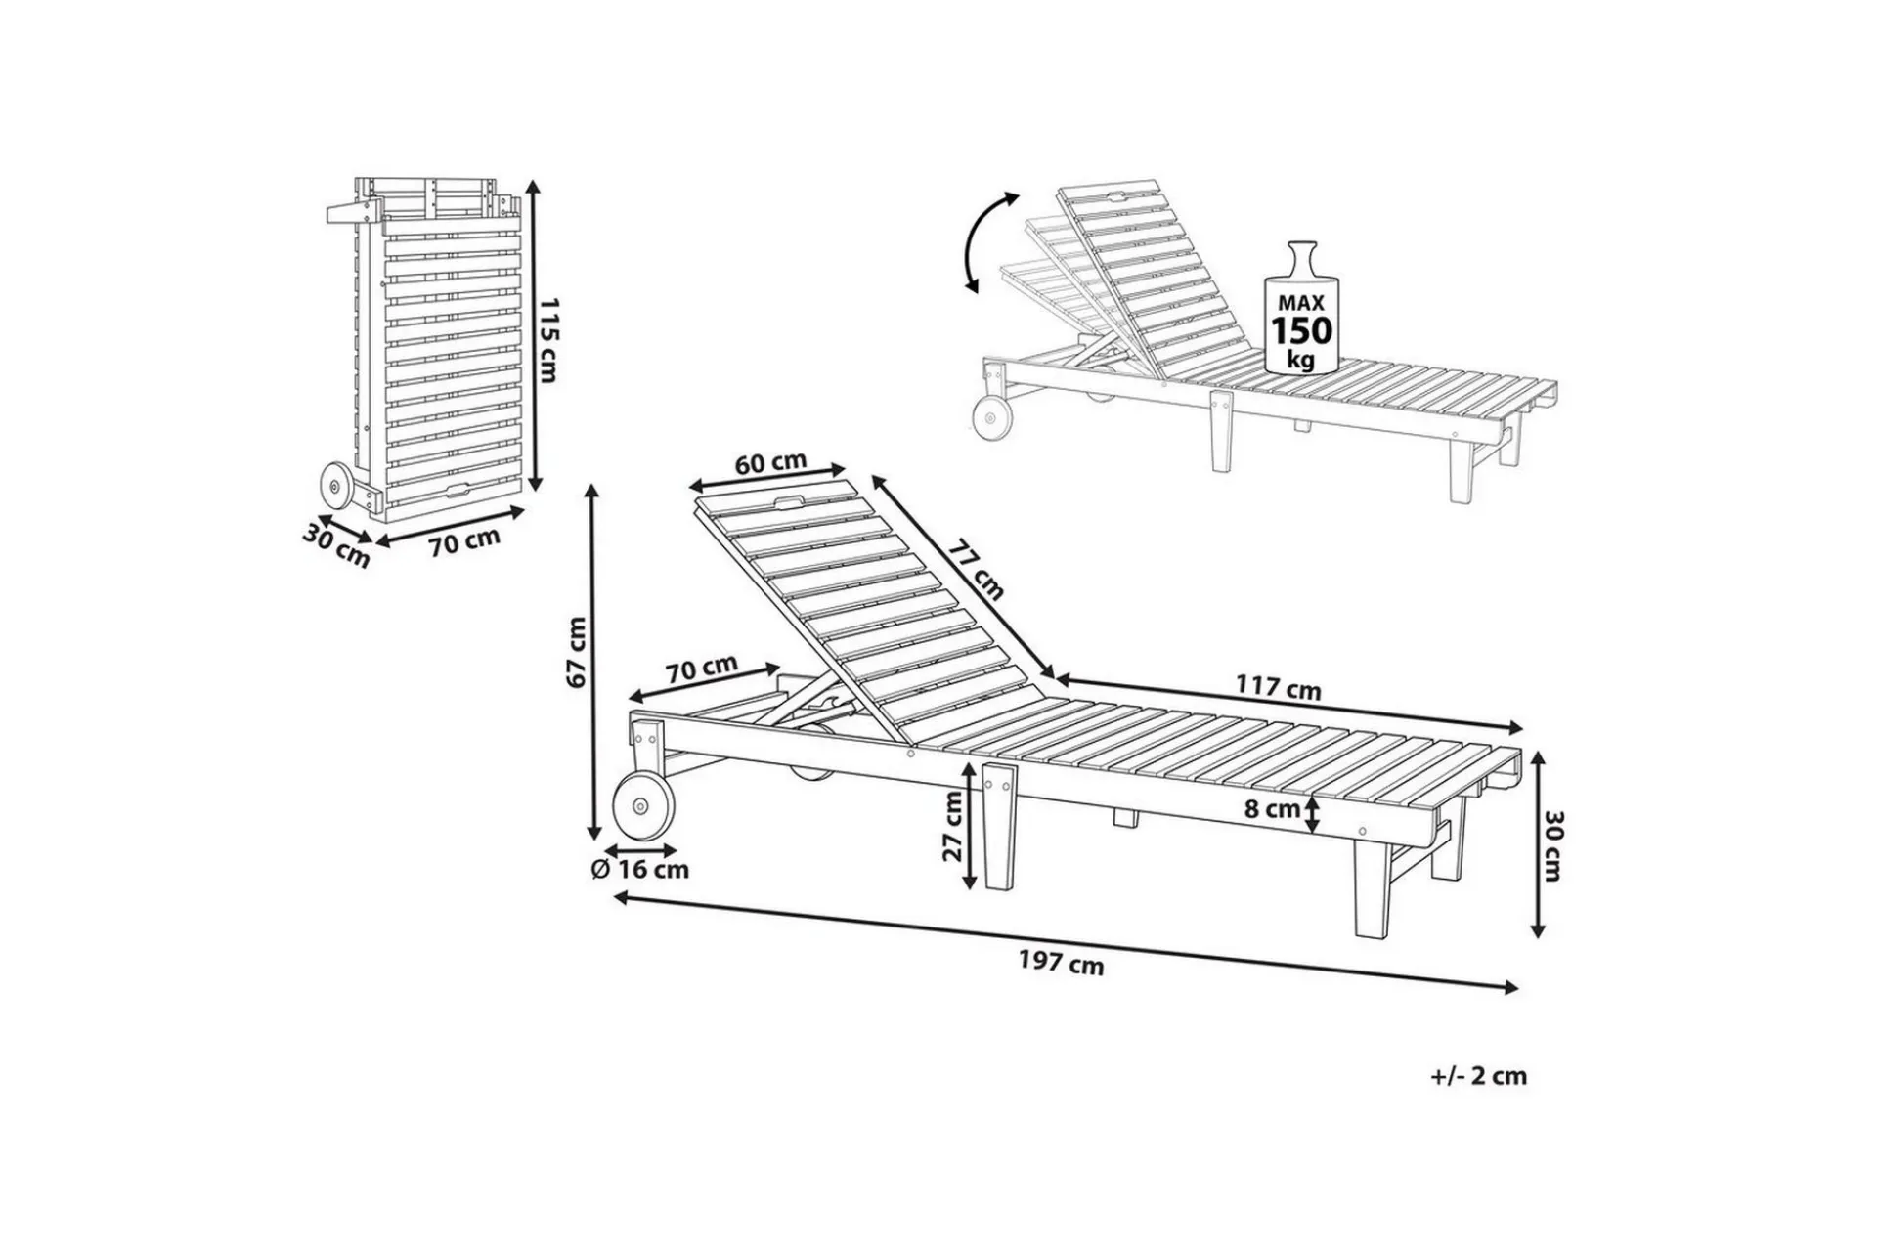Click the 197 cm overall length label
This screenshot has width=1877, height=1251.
point(1062,964)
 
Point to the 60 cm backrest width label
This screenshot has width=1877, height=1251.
point(770,462)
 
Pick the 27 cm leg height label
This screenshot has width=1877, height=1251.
point(952,826)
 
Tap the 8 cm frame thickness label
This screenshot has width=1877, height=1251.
point(1272,809)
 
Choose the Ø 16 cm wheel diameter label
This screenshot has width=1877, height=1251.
point(640,869)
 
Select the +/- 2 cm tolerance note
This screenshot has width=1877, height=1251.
point(1477,1076)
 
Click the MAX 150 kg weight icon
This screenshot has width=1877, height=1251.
point(1301,307)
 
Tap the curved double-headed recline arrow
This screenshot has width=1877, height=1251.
point(989,241)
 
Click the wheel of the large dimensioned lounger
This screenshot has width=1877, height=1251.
point(642,807)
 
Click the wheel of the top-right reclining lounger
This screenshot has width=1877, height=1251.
point(993,418)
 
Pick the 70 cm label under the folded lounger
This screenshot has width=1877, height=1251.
point(464,540)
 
